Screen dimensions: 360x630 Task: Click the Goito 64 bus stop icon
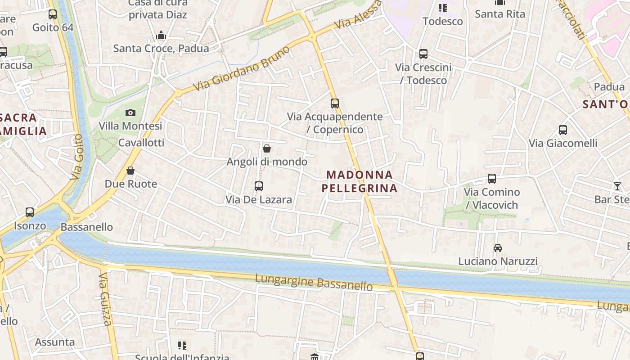(x=53, y=14)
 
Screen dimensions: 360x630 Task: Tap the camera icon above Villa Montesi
(x=130, y=112)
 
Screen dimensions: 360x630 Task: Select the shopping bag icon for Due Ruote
(x=130, y=171)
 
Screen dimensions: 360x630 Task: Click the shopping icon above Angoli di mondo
(x=267, y=148)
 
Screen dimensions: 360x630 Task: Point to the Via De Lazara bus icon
(x=259, y=186)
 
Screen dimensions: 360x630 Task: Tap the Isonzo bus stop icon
(x=30, y=212)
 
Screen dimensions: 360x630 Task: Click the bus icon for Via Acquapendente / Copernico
(x=334, y=103)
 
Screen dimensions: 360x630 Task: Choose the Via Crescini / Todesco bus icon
(x=423, y=54)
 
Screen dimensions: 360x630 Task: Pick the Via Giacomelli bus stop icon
(x=562, y=130)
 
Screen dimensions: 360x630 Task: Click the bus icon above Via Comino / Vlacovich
(x=492, y=179)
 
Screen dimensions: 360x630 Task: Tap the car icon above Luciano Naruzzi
(x=498, y=248)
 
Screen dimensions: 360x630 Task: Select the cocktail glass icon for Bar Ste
(x=617, y=186)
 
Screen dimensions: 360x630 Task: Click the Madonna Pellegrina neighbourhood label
(x=360, y=181)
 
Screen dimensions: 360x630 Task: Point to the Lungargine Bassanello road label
(x=314, y=282)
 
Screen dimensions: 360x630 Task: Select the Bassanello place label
(x=87, y=227)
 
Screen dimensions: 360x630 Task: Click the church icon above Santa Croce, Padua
(x=161, y=36)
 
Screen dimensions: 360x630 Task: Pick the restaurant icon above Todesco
(x=443, y=8)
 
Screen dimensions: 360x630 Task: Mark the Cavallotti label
(x=141, y=143)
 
